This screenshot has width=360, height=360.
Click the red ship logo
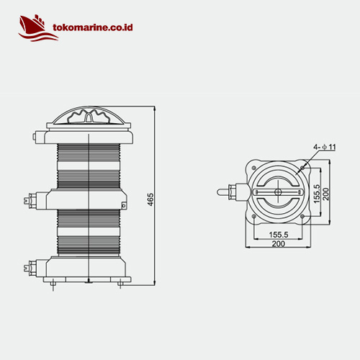pyautogui.click(x=32, y=27)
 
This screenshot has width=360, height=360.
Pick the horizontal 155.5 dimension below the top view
pyautogui.click(x=279, y=235)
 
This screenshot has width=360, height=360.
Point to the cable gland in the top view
pyautogui.click(x=229, y=193)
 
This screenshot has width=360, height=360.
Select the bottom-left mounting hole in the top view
pyautogui.click(x=256, y=215)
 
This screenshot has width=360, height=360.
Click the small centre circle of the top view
pyautogui.click(x=279, y=193)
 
